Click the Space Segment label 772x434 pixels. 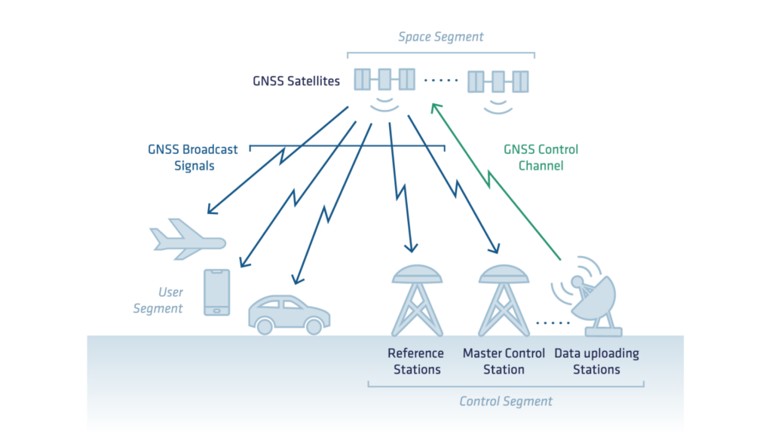coord(441,36)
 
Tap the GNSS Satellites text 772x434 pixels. coord(296,79)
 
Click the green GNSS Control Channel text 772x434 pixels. coord(541,157)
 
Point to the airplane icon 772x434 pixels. coord(188,239)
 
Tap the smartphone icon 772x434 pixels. coord(217,292)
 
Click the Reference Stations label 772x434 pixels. coord(415,361)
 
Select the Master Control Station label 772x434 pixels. coord(504,361)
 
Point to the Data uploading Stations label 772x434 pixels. coord(596,361)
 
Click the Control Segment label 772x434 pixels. coord(506,401)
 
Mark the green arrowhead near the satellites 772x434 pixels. coord(434,108)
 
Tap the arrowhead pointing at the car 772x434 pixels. coord(297,280)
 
